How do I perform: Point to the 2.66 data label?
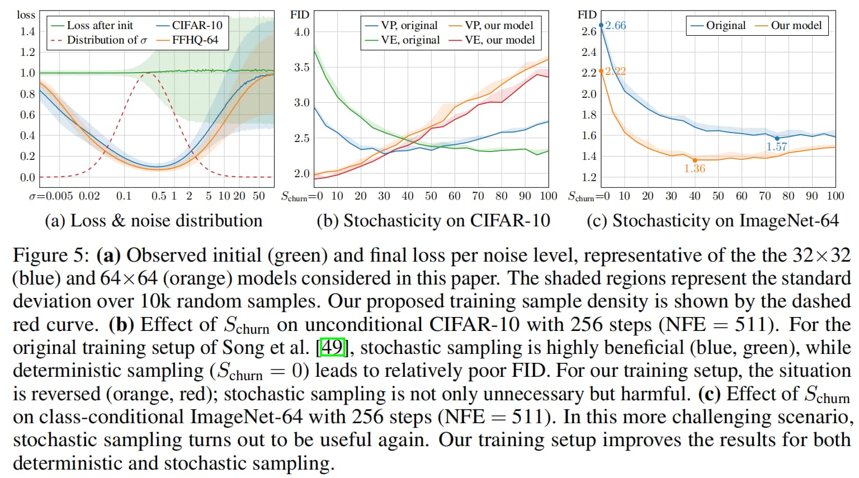pyautogui.click(x=615, y=25)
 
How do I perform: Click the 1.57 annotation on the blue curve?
pyautogui.click(x=777, y=146)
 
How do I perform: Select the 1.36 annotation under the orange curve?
pyautogui.click(x=695, y=168)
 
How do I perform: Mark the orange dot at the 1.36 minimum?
pyautogui.click(x=695, y=160)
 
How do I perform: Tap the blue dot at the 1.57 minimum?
pyautogui.click(x=777, y=138)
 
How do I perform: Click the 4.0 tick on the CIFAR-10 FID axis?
pyautogui.click(x=301, y=32)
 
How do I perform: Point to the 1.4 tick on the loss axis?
pyautogui.click(x=27, y=31)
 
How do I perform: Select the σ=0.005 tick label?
pyautogui.click(x=51, y=196)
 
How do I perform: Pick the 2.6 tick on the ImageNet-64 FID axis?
pyautogui.click(x=588, y=31)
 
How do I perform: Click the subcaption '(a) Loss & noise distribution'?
pyautogui.click(x=153, y=220)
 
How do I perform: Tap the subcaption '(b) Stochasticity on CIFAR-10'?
pyautogui.click(x=433, y=220)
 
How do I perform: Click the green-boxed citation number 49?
pyautogui.click(x=332, y=347)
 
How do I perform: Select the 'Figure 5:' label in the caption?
pyautogui.click(x=51, y=255)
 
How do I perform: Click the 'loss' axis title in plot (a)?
pyautogui.click(x=26, y=15)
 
